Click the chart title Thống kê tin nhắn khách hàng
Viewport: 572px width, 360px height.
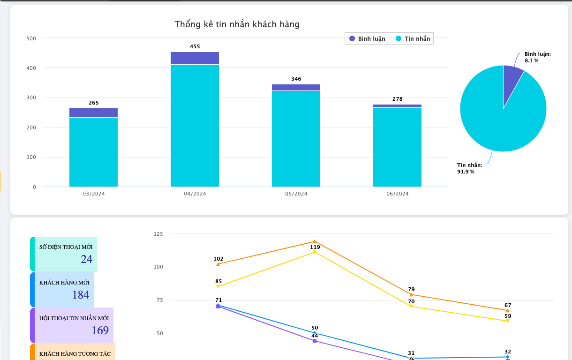click(237, 24)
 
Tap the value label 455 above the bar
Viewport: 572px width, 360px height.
click(195, 47)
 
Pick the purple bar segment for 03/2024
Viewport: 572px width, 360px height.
click(93, 113)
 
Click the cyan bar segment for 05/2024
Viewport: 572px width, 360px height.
click(296, 139)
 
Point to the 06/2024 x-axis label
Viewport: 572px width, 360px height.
click(397, 194)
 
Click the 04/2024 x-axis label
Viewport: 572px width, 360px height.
click(195, 194)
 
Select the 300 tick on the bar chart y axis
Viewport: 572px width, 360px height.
click(31, 98)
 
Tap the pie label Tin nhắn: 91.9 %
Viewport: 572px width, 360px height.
click(469, 168)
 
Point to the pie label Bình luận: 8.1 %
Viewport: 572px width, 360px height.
click(537, 57)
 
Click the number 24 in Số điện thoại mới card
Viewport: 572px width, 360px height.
click(86, 259)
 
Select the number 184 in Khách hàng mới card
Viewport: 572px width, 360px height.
click(81, 295)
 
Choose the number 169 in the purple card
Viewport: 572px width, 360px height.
click(100, 330)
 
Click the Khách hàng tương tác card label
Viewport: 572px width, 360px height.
click(75, 354)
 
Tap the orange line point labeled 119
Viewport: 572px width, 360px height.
click(315, 242)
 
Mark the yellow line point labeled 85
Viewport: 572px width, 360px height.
click(218, 286)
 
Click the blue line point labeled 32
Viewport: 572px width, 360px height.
click(508, 357)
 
